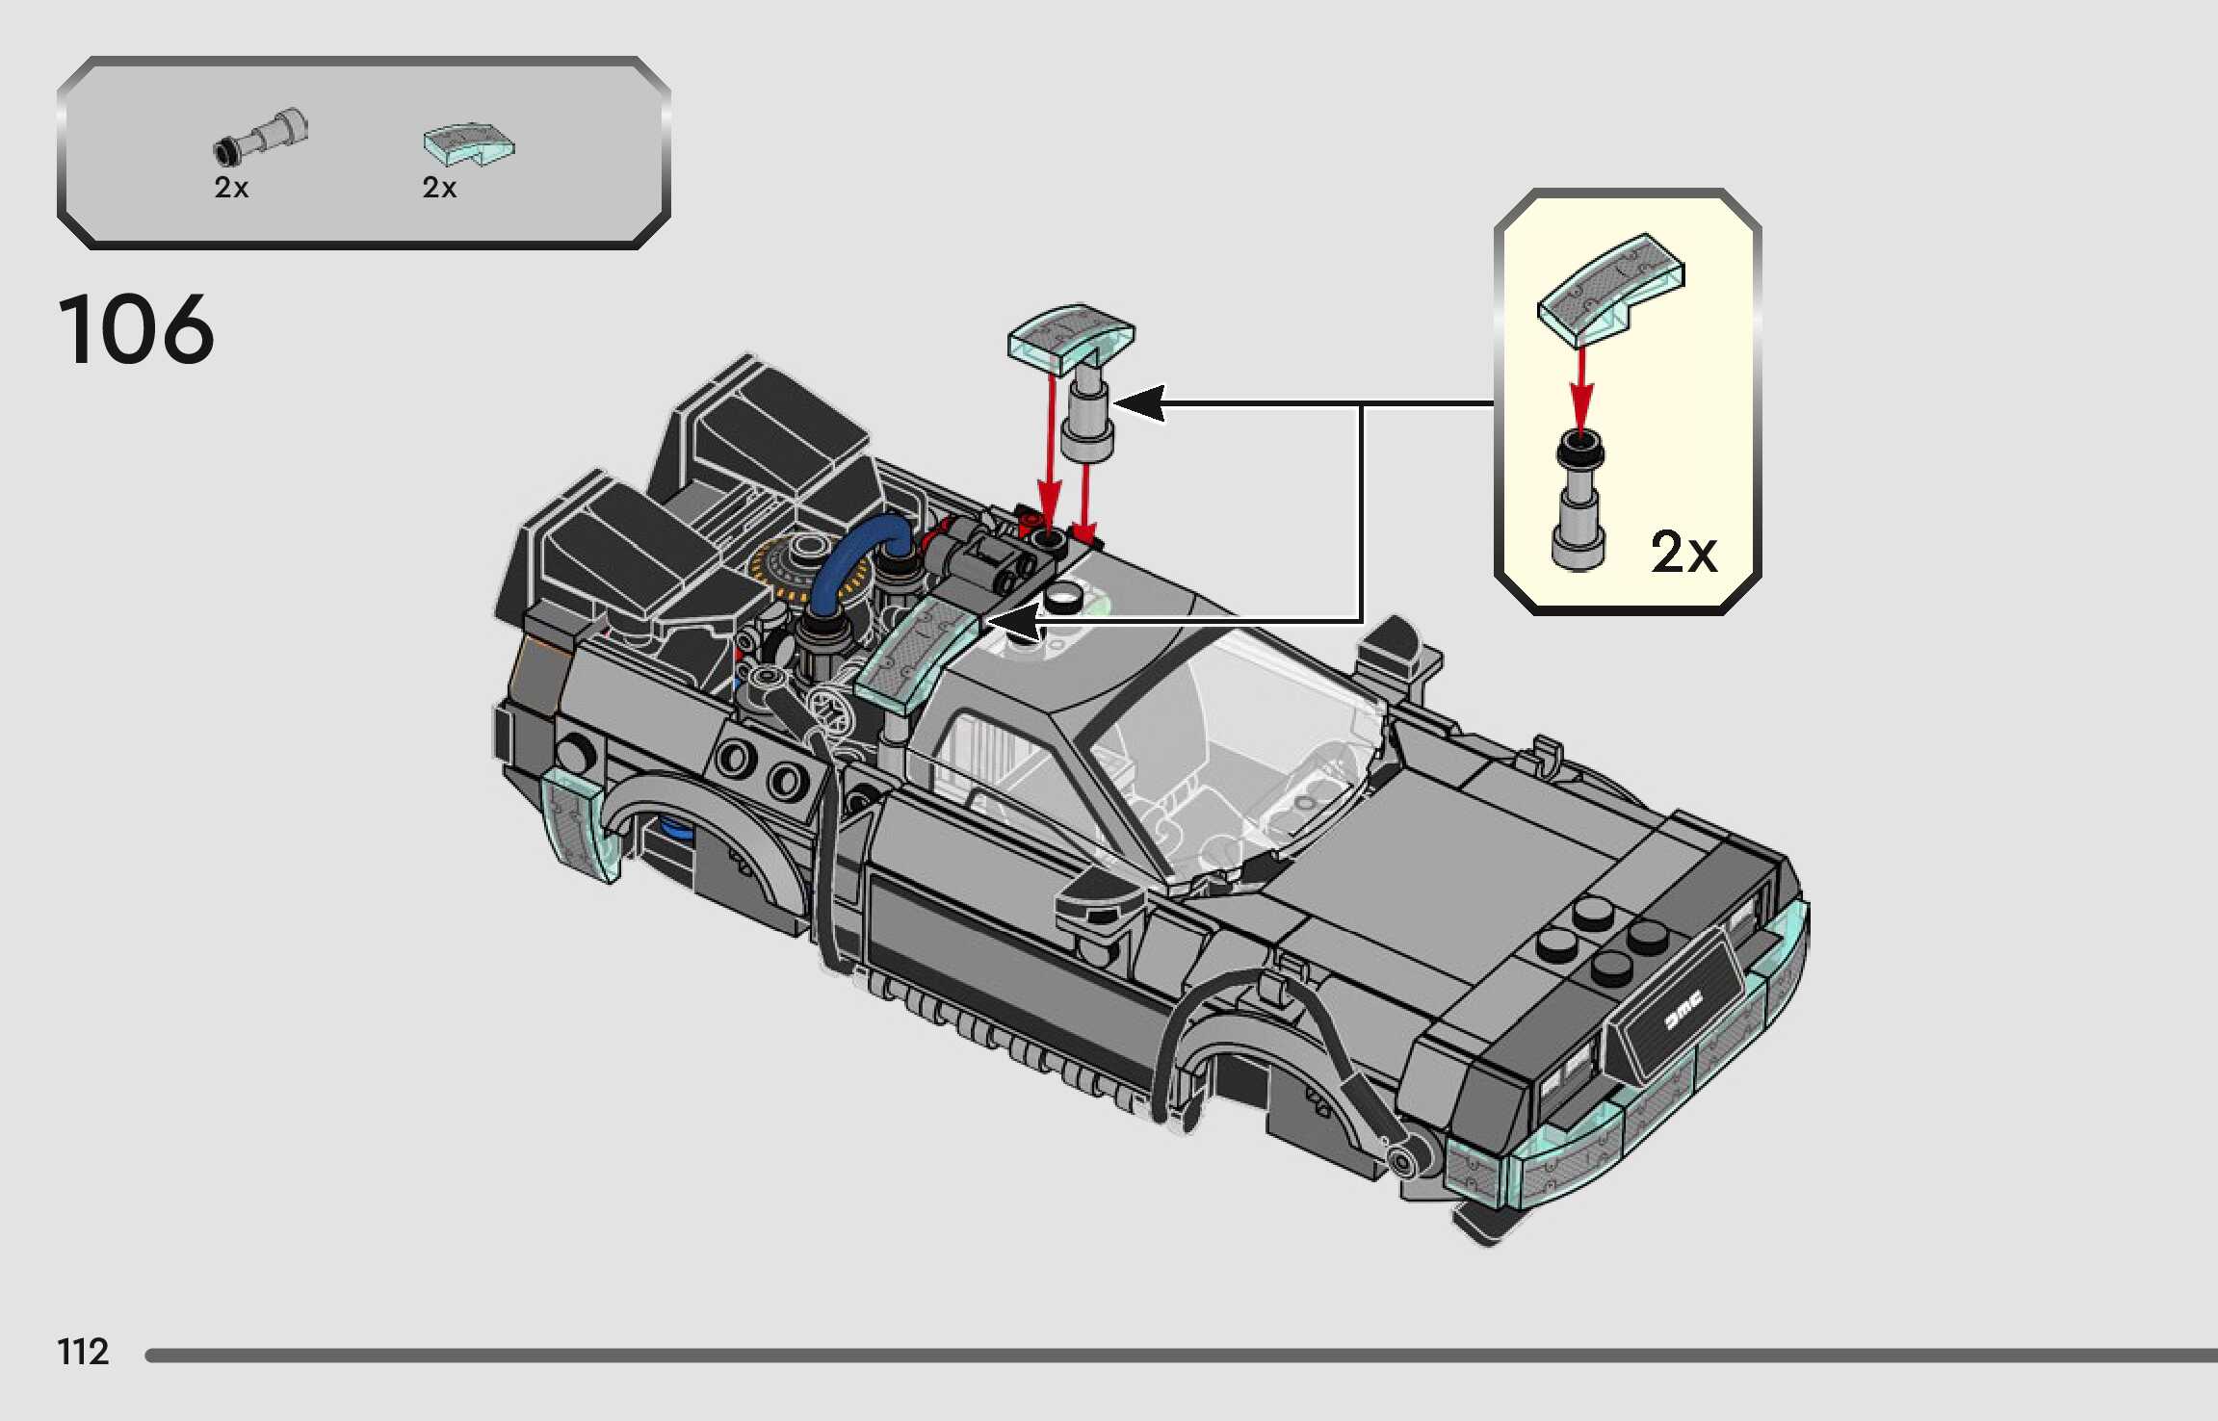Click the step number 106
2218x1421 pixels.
(137, 330)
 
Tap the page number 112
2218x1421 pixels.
(84, 1352)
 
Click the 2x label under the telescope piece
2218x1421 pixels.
(231, 188)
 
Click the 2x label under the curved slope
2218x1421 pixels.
(439, 188)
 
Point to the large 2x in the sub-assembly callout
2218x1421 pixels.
(1683, 553)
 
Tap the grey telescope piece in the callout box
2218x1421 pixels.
(1579, 505)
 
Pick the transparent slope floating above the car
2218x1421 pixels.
(1070, 333)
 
